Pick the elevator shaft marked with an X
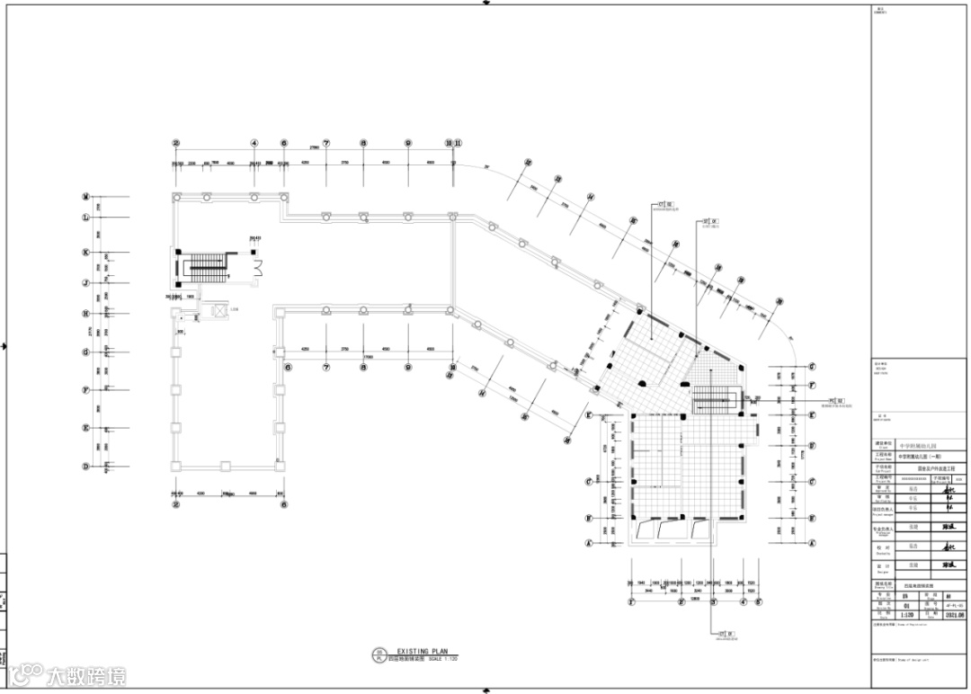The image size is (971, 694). click(x=217, y=312)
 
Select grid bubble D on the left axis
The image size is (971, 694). click(x=86, y=466)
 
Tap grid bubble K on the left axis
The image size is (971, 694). click(x=86, y=253)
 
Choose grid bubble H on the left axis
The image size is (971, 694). click(x=86, y=314)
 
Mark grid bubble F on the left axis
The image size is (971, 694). click(x=86, y=390)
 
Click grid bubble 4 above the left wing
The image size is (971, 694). click(x=254, y=143)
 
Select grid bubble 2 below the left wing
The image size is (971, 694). click(x=177, y=504)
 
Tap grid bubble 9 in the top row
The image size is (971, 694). click(x=407, y=143)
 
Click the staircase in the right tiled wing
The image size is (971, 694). click(x=717, y=399)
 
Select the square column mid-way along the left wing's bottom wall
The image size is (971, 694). click(x=224, y=465)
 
